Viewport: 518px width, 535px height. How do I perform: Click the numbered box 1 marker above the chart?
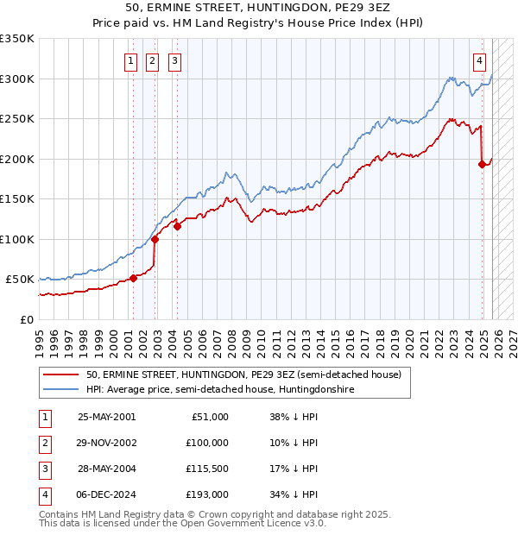click(130, 60)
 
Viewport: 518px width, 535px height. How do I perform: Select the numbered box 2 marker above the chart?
click(152, 60)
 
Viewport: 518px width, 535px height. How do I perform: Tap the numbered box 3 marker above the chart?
click(174, 60)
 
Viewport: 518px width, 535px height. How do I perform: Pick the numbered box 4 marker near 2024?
click(479, 60)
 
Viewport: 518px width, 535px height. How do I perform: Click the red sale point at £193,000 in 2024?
click(481, 164)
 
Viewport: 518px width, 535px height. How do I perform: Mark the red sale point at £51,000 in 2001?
click(134, 278)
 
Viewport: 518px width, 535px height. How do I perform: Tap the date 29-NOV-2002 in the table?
click(107, 443)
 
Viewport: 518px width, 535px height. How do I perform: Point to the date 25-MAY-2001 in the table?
click(107, 417)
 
